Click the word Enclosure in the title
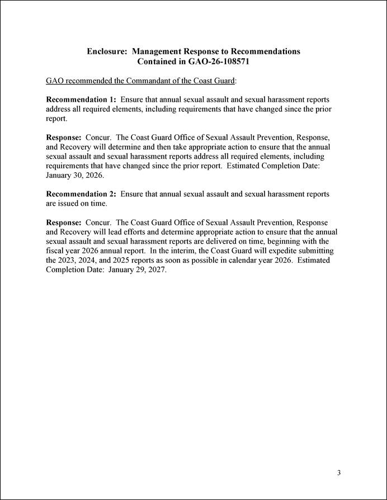click(x=106, y=51)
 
